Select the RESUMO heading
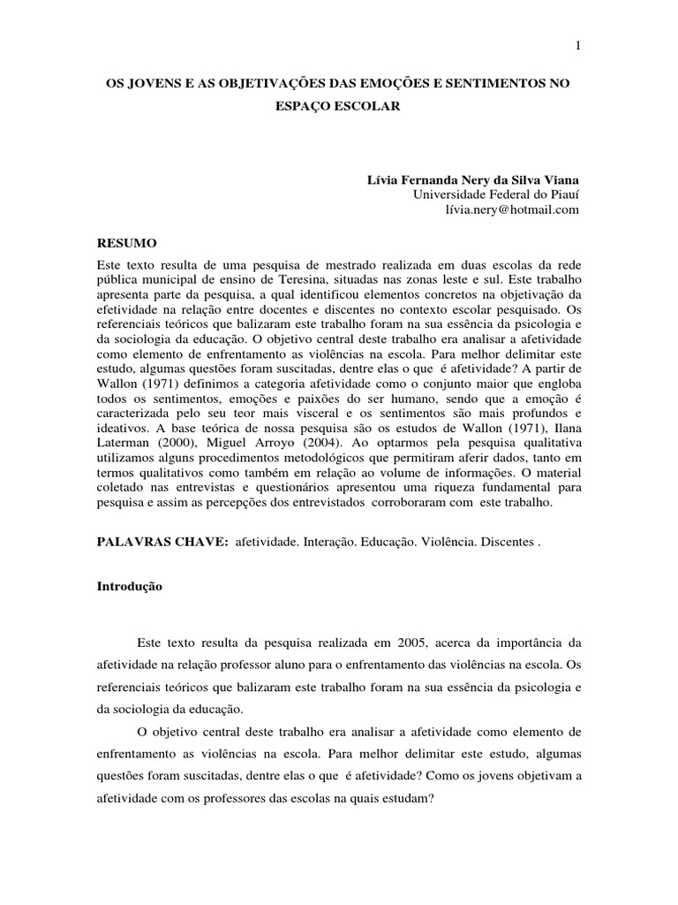point(126,241)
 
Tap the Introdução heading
point(130,586)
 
